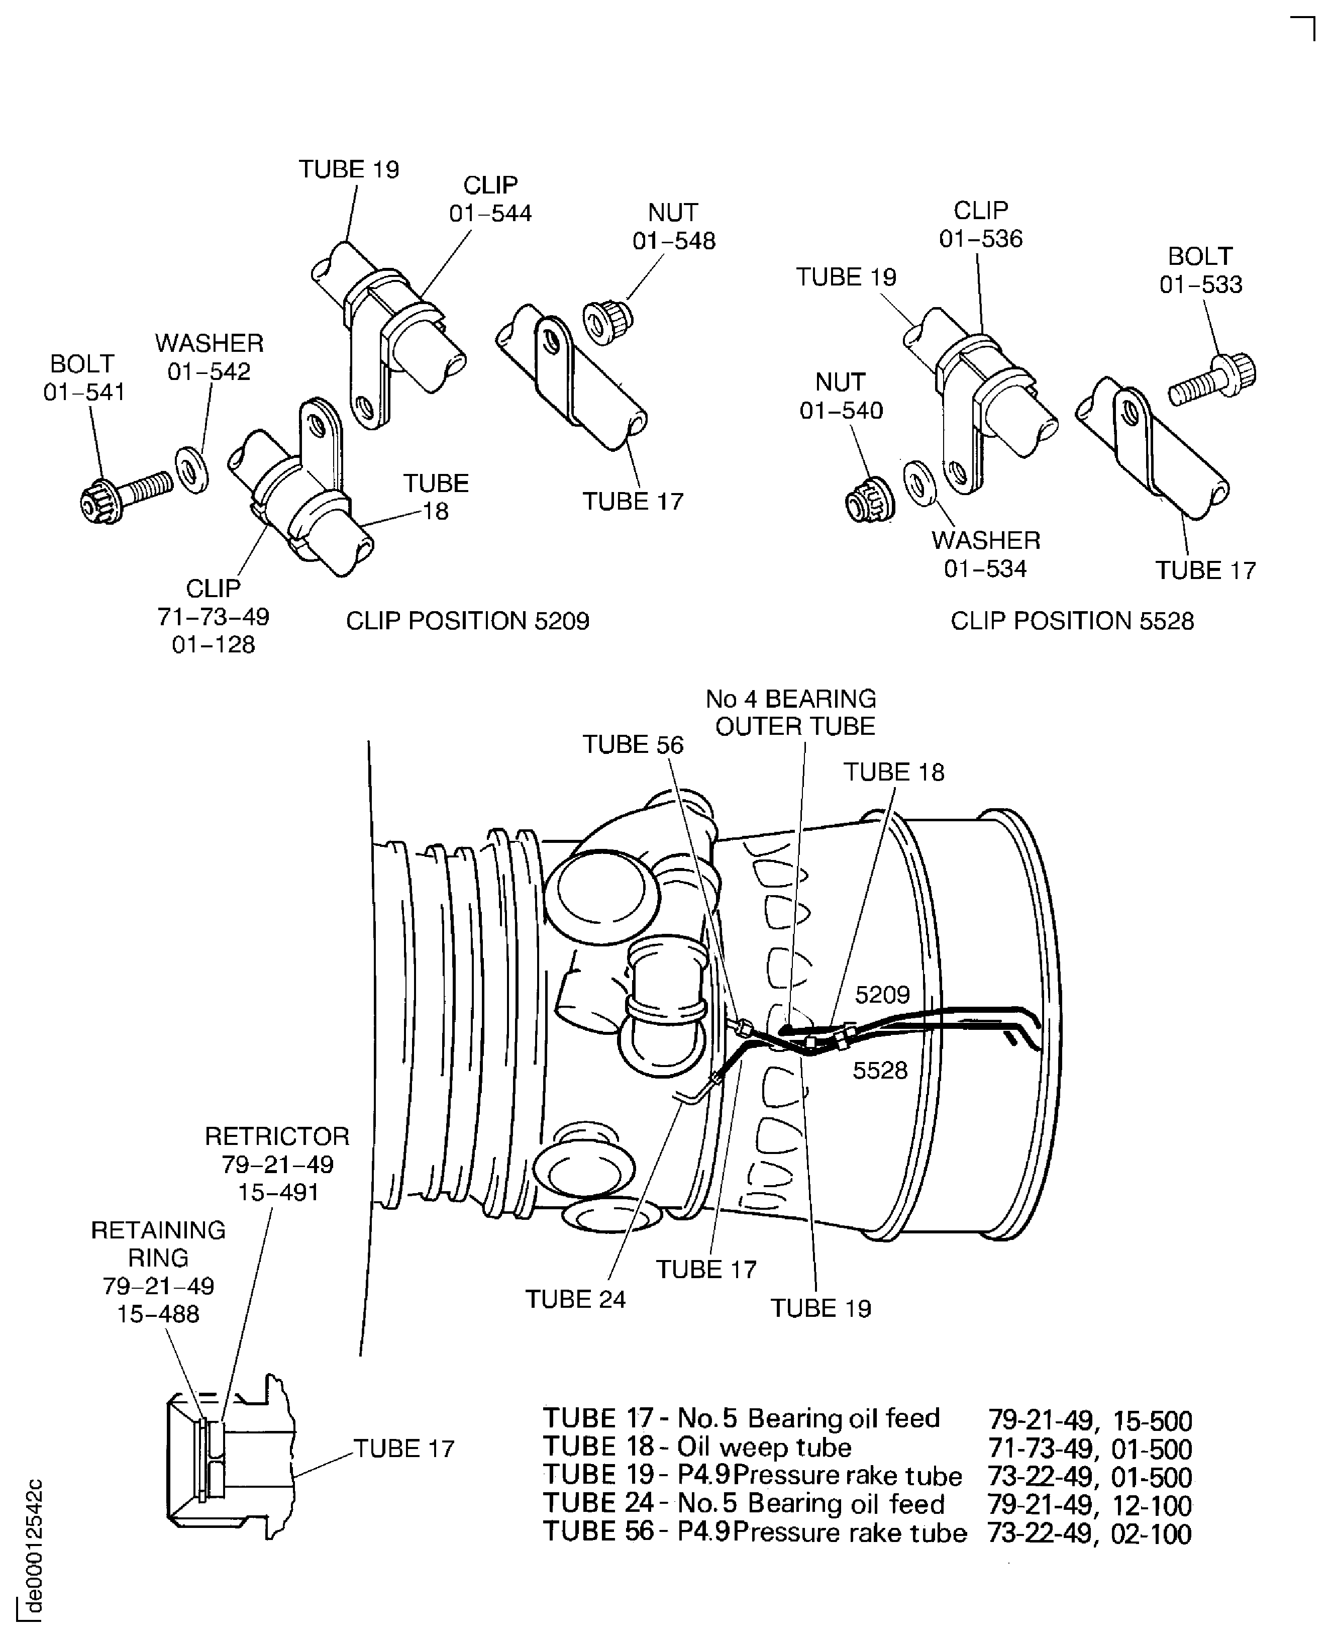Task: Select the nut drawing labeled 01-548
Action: (x=606, y=321)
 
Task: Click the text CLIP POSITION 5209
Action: (x=467, y=620)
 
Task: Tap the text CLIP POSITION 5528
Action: (x=1072, y=620)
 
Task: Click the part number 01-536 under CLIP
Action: (x=981, y=239)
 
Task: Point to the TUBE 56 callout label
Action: (x=632, y=744)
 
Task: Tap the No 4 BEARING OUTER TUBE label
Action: (x=794, y=712)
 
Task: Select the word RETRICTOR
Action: (x=276, y=1136)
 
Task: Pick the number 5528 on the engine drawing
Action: (x=880, y=1070)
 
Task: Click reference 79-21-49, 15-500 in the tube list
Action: (x=1089, y=1421)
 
